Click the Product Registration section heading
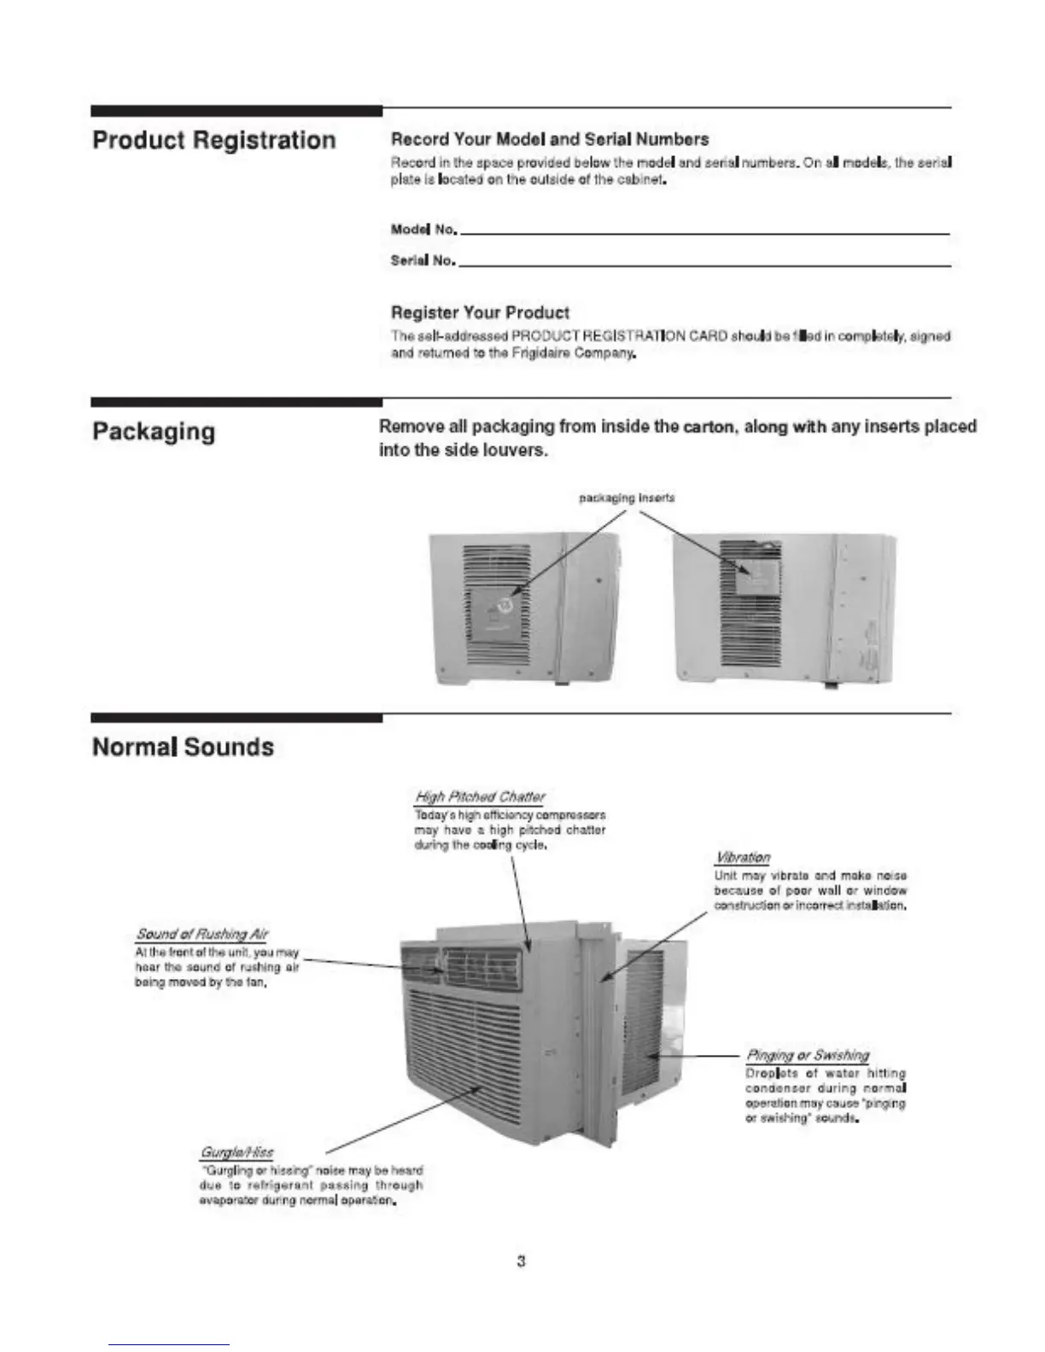(x=213, y=141)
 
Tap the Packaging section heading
(x=154, y=432)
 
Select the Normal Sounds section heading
(x=183, y=748)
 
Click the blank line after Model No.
(x=704, y=232)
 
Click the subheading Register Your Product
(x=480, y=313)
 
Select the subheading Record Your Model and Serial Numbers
(x=549, y=139)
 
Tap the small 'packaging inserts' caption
(x=627, y=498)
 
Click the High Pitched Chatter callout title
(x=480, y=797)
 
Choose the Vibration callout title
(x=742, y=858)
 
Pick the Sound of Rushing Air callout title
(x=201, y=935)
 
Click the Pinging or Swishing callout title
(x=807, y=1056)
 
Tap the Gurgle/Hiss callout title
(x=236, y=1153)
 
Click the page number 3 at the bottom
(x=521, y=1261)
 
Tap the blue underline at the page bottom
(x=169, y=1345)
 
